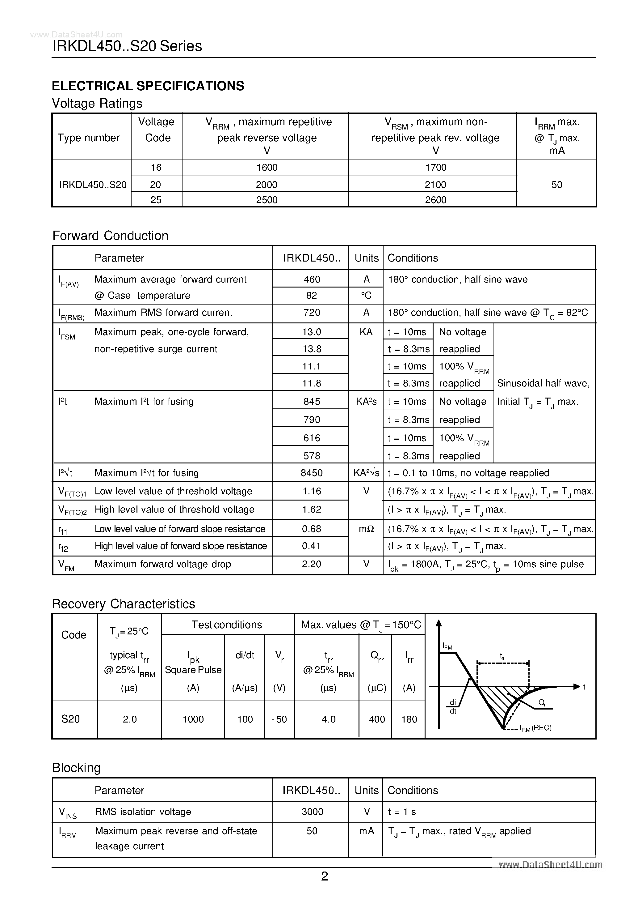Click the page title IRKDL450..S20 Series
[127, 46]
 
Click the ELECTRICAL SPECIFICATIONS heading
[148, 86]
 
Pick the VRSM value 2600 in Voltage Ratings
[435, 200]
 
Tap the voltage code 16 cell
[156, 168]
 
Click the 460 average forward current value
[312, 279]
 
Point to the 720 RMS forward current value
[312, 313]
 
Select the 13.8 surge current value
[312, 349]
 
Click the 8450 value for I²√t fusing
[312, 473]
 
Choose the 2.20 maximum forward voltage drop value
[312, 564]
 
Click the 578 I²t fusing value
[312, 456]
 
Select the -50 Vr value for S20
[279, 719]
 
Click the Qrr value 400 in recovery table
[377, 719]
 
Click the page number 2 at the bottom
[325, 876]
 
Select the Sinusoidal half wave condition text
[543, 383]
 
